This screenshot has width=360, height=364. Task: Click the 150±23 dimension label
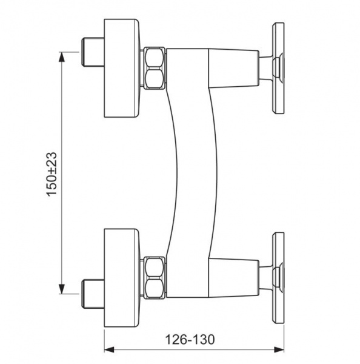[x=52, y=174]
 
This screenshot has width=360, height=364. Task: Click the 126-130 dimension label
[x=190, y=340]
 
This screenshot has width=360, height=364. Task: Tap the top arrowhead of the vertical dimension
[x=61, y=56]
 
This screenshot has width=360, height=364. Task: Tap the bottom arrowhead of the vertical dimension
[x=61, y=289]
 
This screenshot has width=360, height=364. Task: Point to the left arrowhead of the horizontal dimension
[x=109, y=349]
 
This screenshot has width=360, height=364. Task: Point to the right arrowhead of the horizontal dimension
[x=279, y=349]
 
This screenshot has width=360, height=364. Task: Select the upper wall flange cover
[x=122, y=68]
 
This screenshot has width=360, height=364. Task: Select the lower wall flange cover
[x=122, y=278]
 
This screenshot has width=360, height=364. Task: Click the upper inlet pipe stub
[x=93, y=52]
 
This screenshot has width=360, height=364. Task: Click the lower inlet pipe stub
[x=93, y=294]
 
